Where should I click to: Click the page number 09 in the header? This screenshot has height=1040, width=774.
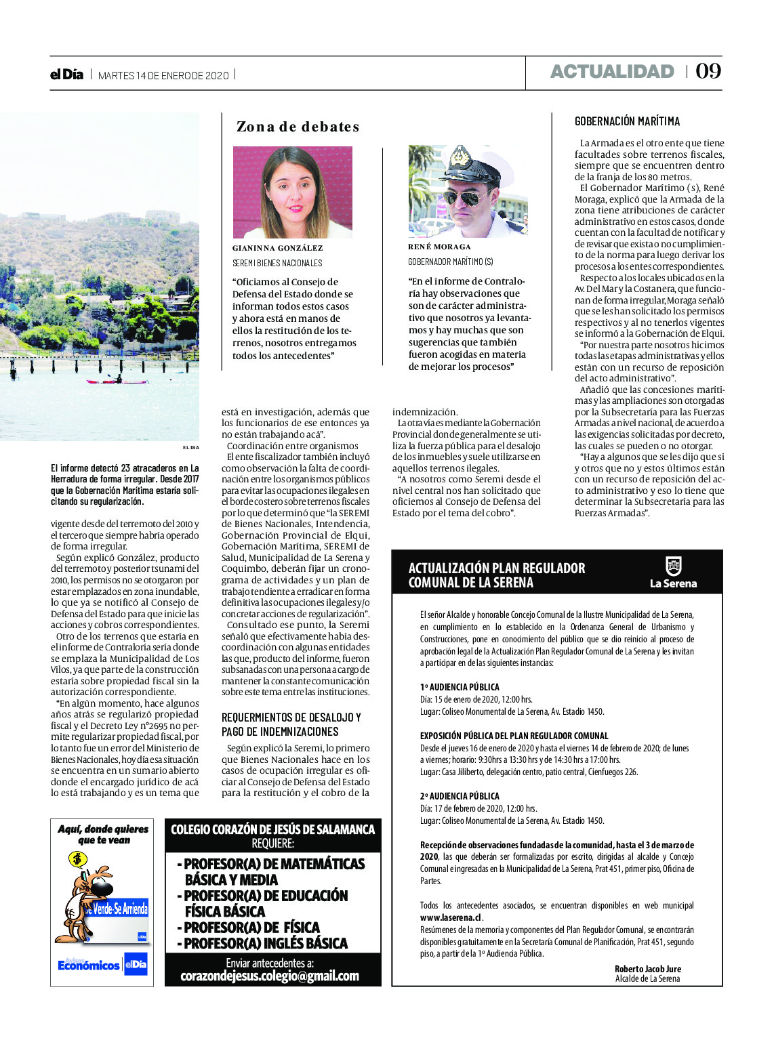click(x=708, y=71)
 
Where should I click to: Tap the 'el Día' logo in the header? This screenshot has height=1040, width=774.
click(x=66, y=75)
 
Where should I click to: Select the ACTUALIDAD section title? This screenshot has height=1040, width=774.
click(x=612, y=71)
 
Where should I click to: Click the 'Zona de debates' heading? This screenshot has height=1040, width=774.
click(x=298, y=127)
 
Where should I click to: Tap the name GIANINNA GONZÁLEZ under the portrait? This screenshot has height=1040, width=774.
click(x=277, y=248)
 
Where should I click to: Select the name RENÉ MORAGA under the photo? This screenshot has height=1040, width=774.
click(x=439, y=247)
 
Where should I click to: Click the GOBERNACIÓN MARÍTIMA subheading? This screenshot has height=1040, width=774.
click(x=627, y=121)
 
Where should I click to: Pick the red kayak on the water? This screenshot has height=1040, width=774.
click(x=117, y=381)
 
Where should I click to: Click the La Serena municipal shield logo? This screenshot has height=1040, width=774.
click(x=673, y=566)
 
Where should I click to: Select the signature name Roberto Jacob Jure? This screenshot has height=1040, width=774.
click(x=647, y=969)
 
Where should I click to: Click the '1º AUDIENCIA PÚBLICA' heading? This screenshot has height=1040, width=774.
click(x=459, y=687)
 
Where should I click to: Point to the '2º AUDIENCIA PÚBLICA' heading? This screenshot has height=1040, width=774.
click(x=459, y=796)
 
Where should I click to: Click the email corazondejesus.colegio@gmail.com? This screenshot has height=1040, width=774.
click(x=270, y=976)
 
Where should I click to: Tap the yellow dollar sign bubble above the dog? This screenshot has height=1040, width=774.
click(x=78, y=860)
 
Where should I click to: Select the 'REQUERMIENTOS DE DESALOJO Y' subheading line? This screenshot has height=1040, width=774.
click(x=291, y=717)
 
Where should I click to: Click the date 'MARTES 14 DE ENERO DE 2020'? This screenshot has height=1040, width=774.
click(x=163, y=75)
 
